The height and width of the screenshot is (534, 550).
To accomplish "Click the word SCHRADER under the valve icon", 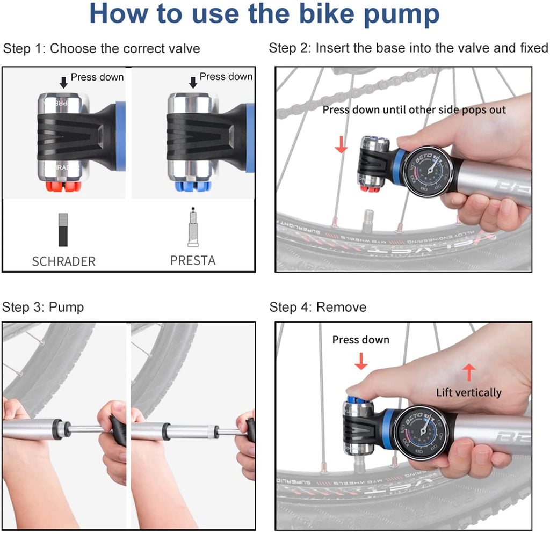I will pyautogui.click(x=63, y=261).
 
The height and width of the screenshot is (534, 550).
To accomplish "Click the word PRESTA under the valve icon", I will pyautogui.click(x=193, y=260).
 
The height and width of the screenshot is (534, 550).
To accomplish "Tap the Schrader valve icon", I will pyautogui.click(x=64, y=229).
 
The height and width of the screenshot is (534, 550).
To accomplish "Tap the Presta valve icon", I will pyautogui.click(x=193, y=228).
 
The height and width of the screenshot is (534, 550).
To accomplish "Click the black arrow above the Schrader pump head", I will pyautogui.click(x=63, y=82).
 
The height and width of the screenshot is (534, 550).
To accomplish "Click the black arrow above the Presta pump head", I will pyautogui.click(x=193, y=82).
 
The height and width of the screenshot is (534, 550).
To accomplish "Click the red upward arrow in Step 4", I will pyautogui.click(x=469, y=372).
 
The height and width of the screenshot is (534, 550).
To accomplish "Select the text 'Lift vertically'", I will pyautogui.click(x=468, y=392).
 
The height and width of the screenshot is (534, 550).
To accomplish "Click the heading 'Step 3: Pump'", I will pyautogui.click(x=43, y=307).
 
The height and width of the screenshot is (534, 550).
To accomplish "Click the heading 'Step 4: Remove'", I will pyautogui.click(x=318, y=307).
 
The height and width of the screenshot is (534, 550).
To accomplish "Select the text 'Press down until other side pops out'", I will pyautogui.click(x=414, y=109).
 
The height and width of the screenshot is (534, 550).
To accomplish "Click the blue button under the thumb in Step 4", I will pyautogui.click(x=356, y=399).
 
